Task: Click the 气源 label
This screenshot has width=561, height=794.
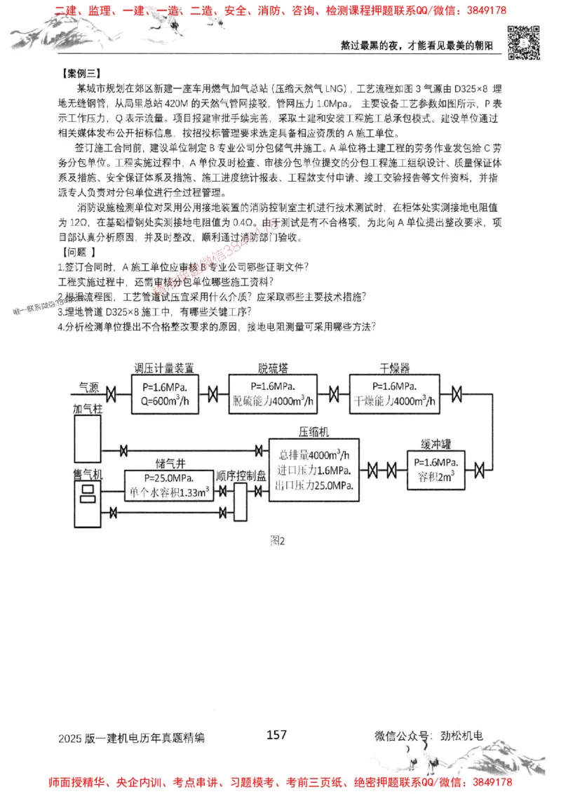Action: pyautogui.click(x=88, y=386)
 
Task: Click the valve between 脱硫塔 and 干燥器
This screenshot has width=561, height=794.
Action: pyautogui.click(x=334, y=393)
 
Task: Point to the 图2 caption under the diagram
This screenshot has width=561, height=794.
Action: pyautogui.click(x=278, y=540)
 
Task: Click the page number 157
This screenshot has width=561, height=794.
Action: pyautogui.click(x=277, y=734)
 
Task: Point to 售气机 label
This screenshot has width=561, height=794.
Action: pyautogui.click(x=88, y=476)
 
